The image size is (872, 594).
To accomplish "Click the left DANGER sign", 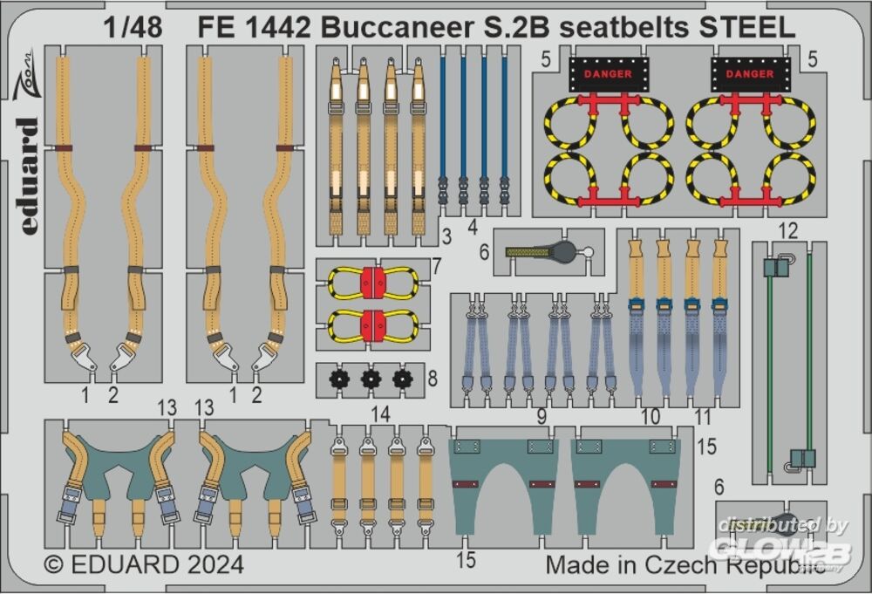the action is pyautogui.click(x=608, y=74).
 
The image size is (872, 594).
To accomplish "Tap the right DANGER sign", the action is pyautogui.click(x=750, y=74).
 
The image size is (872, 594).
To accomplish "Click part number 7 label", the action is pyautogui.click(x=437, y=266).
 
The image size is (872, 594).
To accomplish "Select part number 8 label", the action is pyautogui.click(x=433, y=379).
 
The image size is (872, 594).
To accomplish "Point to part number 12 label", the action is pyautogui.click(x=788, y=230).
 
